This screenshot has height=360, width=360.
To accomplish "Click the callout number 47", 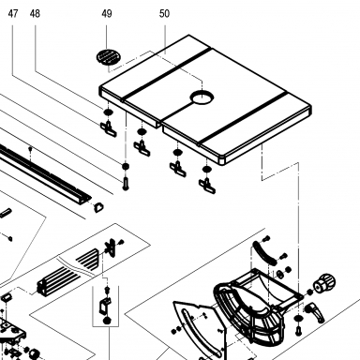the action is coord(13,14).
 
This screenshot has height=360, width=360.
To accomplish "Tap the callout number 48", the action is coord(35,14).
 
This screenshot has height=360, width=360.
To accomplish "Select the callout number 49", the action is coord(107,14).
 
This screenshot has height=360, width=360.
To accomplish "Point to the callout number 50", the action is coord(164,14).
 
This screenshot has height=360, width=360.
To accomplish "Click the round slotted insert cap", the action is coord(108,57).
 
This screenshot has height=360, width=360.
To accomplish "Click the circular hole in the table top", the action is coord(202,98).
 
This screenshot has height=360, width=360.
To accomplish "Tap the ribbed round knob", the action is coord(324,283).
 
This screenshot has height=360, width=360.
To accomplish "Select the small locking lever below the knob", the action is coord(315,311).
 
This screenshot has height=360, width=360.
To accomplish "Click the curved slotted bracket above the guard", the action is coord(263,253).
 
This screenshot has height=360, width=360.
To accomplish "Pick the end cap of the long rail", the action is coord(98,207).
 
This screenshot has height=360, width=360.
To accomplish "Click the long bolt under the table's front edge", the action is coord(126,183).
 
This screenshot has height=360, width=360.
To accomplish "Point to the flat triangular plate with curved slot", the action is coord(199,330).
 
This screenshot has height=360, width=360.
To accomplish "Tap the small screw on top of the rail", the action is coord(30,148).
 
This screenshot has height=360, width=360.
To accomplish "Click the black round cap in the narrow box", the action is coord(107,321).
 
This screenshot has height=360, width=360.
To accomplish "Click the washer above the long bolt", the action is coord(126,166).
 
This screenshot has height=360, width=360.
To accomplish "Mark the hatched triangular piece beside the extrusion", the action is coord(88,258).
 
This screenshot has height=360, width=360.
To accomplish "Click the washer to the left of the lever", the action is coord(298,318).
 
